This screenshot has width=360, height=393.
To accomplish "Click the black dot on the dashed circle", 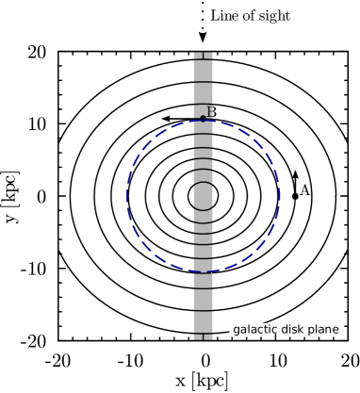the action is click(203, 118).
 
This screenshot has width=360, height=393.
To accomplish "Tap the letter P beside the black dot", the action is click(210, 112).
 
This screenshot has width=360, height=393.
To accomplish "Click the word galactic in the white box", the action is click(254, 329).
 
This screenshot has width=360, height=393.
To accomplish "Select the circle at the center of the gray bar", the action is click(203, 196).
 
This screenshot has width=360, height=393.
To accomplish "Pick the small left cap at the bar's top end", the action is click(198, 56).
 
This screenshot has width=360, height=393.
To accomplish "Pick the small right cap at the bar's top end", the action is click(208, 56).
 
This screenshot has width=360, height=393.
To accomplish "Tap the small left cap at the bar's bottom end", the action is click(198, 336).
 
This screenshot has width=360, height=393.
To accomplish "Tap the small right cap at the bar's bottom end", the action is click(208, 336).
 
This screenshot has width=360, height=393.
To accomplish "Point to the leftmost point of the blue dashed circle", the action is click(126, 196).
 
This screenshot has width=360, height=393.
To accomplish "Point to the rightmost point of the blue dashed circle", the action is click(280, 196).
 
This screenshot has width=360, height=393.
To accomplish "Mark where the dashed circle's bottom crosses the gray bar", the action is click(203, 272).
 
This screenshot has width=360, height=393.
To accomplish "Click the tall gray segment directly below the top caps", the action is click(203, 71).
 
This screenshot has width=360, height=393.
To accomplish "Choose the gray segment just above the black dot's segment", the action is click(203, 93).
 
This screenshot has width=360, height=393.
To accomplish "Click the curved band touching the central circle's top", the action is click(203, 177).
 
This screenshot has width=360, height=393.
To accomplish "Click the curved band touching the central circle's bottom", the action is click(203, 215).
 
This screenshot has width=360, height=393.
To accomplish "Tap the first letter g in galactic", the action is click(237, 330).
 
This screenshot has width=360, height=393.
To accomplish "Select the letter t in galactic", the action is click(267, 329).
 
